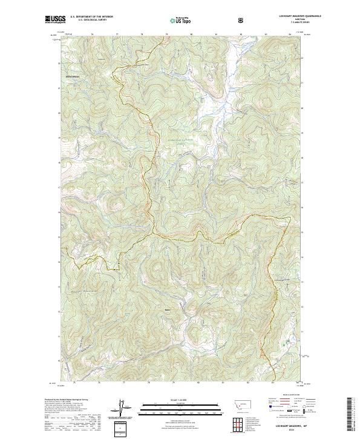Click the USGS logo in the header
[55, 20]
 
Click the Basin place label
[168, 310]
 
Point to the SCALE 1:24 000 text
[180, 400]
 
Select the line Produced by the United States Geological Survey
[75, 400]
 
